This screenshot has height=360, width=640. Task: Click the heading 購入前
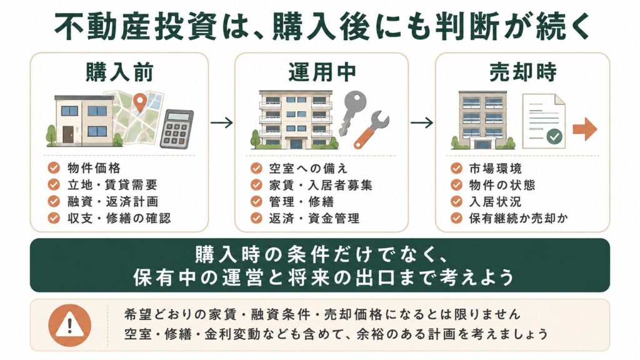119,72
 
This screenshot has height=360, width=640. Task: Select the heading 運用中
322,72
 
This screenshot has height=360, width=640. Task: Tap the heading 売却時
523,72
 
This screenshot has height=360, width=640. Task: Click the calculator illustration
176,129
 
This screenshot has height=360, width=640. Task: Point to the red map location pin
140,102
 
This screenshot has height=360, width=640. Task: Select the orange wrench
371,129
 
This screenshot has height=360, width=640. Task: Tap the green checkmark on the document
554,136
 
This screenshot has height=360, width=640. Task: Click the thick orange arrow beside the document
585,129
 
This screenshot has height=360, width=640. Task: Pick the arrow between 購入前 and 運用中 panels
222,122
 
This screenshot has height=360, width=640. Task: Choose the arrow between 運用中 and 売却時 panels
422,122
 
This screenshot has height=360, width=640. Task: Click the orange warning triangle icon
70,325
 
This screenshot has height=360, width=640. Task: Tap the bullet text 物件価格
94,167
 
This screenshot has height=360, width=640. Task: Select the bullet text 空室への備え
308,168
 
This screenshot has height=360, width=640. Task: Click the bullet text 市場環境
496,168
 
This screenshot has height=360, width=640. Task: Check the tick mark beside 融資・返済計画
54,201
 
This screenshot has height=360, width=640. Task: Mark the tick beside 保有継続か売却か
456,218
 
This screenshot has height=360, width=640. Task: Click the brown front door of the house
68,134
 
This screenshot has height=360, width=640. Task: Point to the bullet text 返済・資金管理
314,218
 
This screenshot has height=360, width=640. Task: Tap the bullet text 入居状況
495,202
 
